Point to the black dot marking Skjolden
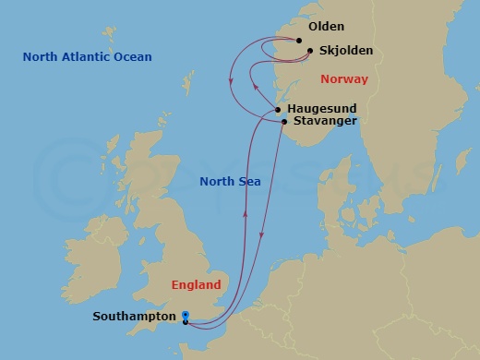click(x=310, y=52)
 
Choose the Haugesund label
click(x=321, y=108)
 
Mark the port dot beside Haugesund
click(x=278, y=109)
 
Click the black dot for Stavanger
click(x=283, y=121)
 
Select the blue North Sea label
click(x=230, y=182)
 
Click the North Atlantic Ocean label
click(x=88, y=58)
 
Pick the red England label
click(x=197, y=285)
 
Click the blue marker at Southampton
click(x=186, y=316)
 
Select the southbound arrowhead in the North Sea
click(x=261, y=238)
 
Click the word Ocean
click(x=133, y=58)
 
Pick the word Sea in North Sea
click(x=249, y=182)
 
